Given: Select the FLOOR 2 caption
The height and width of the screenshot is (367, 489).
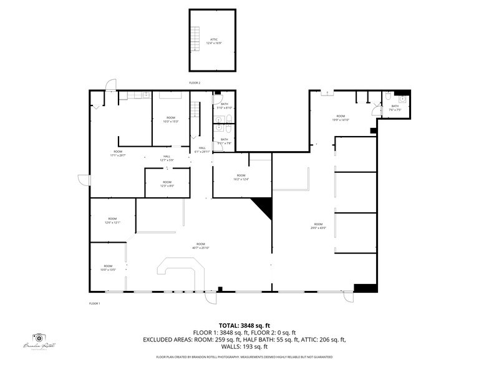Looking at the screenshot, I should tap(195, 82).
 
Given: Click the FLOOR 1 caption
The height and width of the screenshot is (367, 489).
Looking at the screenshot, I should tap(95, 303).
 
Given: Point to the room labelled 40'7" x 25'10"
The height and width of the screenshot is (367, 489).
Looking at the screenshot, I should tap(201, 245).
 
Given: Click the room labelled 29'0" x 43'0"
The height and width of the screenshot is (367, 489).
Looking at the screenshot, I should tap(318, 225).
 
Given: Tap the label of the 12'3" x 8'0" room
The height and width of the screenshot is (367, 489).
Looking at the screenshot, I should tap(167, 183).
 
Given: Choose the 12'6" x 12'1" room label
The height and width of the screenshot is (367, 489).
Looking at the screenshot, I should tap(113, 221).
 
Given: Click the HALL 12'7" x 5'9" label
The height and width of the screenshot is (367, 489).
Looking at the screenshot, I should tap(167, 158).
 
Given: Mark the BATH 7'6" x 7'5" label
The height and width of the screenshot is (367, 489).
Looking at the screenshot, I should tap(395, 107).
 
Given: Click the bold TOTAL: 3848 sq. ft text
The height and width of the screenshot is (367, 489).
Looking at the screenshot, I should tap(244, 325).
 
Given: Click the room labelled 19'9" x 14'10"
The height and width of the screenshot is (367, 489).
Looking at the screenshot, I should tap(341, 117).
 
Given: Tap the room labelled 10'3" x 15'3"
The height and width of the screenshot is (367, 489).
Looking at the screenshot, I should tap(170, 119).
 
